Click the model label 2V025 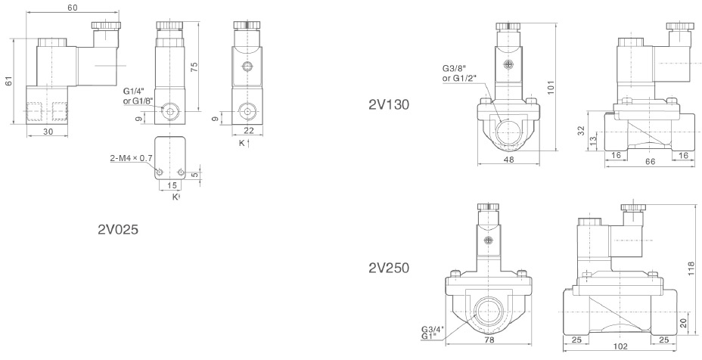click(119, 228)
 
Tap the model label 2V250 click(389, 267)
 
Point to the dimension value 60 click(73, 7)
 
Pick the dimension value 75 click(195, 67)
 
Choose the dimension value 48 click(508, 160)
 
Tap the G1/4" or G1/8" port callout click(139, 95)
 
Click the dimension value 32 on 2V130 click(581, 131)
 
